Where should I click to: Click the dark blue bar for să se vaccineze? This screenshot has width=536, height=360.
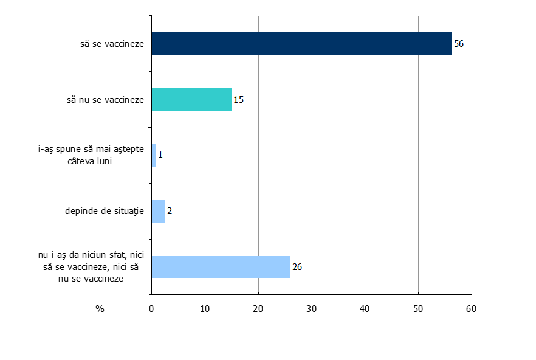point(301,44)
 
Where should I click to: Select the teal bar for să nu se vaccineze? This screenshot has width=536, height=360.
point(191,99)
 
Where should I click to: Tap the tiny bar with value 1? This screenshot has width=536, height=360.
point(153,155)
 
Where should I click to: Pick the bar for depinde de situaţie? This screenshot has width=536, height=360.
point(158,211)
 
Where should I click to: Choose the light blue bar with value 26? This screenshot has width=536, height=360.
point(220,267)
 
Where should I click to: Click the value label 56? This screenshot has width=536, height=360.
point(459,44)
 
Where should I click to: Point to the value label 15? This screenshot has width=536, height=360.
point(239,99)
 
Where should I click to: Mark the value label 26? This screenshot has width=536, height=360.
point(297,267)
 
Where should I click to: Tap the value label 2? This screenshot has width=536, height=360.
point(170,211)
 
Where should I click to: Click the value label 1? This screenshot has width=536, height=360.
point(160,155)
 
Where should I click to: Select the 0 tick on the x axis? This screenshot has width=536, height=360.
point(151,309)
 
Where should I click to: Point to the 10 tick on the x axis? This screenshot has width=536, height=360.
point(205,309)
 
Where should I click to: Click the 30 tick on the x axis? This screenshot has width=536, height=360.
point(312,309)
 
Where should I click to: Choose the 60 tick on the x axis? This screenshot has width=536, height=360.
point(472,309)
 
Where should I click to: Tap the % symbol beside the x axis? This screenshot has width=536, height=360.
point(100,309)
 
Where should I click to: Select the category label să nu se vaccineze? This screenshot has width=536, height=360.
point(105,99)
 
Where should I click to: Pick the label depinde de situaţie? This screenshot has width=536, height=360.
point(104,211)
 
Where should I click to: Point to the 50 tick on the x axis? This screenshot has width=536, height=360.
point(418,309)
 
